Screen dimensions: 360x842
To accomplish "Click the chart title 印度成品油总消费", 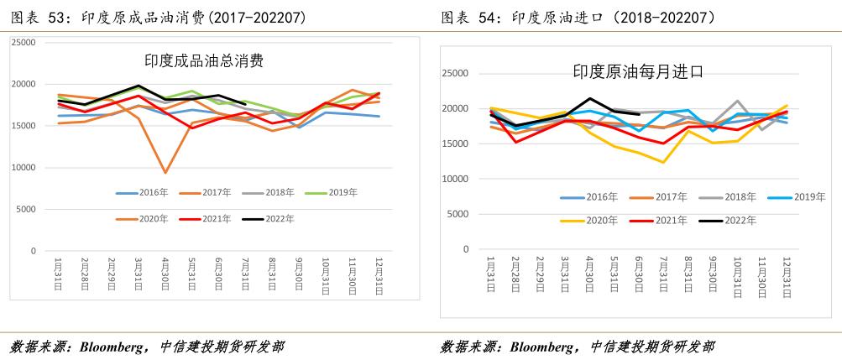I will (204, 60).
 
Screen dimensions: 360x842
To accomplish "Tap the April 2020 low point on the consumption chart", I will (165, 173).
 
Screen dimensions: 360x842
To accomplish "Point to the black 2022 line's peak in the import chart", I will (590, 98).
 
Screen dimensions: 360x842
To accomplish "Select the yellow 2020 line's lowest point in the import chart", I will (663, 162).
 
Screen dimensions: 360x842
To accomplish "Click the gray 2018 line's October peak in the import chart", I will (737, 101).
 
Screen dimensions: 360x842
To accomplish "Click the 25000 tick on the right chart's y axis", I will (454, 74).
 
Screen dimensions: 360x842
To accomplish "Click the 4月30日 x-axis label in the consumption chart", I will (165, 274).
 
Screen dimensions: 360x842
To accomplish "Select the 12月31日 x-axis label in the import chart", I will (786, 276).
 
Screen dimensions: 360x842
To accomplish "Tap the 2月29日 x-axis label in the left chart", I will (112, 274).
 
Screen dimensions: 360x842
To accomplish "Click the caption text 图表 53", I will (33, 17).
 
